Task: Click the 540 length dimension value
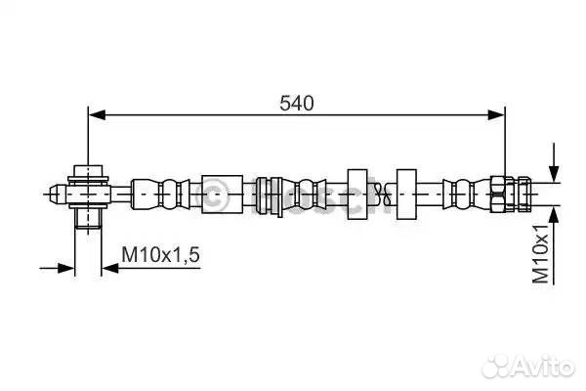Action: (297, 103)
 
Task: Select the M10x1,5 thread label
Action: (161, 254)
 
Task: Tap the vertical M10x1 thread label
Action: (541, 254)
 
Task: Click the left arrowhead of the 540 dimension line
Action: (97, 115)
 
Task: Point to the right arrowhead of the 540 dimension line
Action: (496, 115)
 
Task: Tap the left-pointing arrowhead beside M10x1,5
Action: (110, 268)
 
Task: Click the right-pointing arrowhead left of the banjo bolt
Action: (66, 268)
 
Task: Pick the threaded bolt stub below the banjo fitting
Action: (88, 218)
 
